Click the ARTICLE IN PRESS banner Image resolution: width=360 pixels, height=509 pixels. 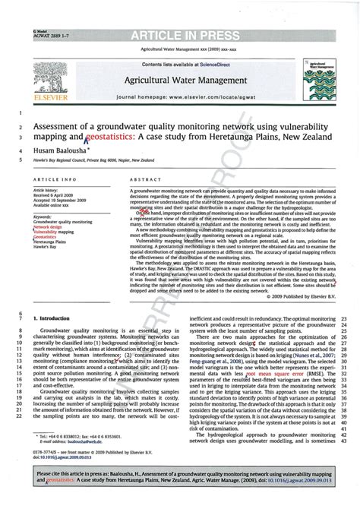(179, 36)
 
